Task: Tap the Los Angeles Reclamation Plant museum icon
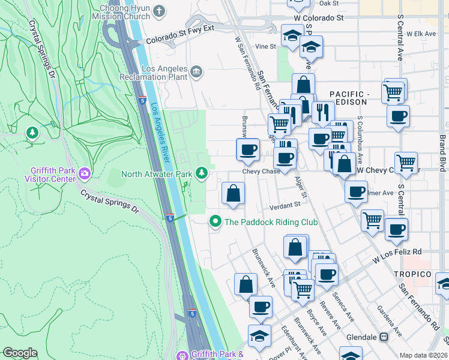coord(196,73)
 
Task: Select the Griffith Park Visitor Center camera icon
coord(85,174)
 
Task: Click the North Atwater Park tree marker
coord(203,174)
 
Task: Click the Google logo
coord(20,353)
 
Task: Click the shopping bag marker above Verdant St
coord(233,194)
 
